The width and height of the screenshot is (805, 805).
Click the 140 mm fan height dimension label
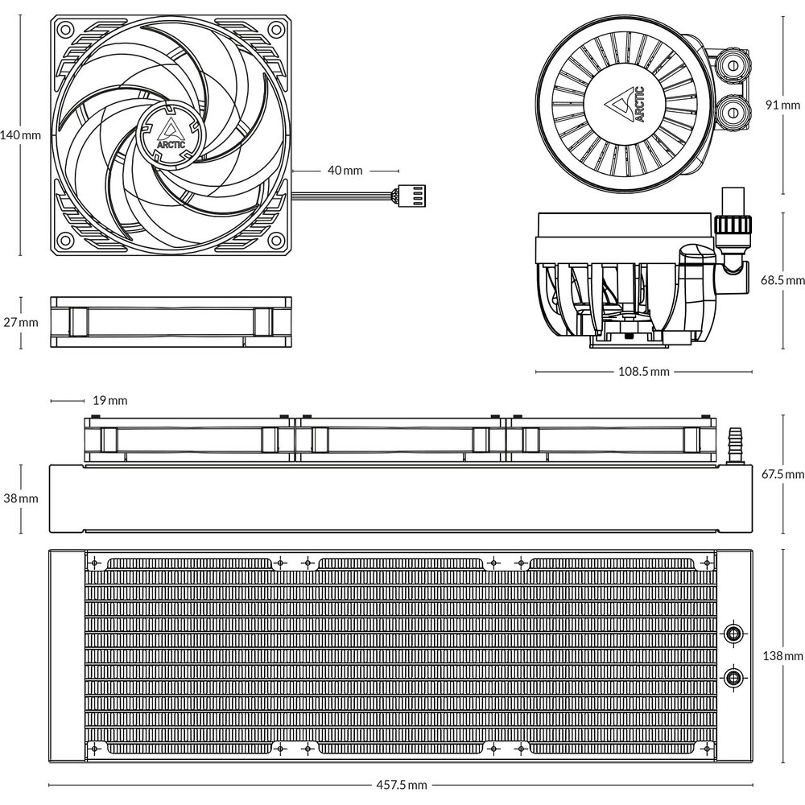(x=20, y=135)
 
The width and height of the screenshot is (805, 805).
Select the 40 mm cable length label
(x=345, y=171)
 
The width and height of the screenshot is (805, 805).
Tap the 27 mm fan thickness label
(x=21, y=323)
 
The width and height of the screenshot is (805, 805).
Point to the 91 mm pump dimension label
(x=783, y=105)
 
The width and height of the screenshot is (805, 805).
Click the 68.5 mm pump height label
(x=782, y=280)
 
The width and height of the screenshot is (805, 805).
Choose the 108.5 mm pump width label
(x=644, y=372)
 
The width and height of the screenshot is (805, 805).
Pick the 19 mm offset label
(x=109, y=400)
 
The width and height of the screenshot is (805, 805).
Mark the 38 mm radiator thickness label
(x=21, y=498)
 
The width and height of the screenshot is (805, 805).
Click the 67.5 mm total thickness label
(x=782, y=474)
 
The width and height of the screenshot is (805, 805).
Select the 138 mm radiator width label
(x=783, y=655)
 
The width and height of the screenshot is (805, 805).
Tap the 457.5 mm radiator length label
(x=402, y=785)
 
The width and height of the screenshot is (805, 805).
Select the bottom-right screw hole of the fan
(x=277, y=239)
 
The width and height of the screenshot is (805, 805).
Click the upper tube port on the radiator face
(x=733, y=633)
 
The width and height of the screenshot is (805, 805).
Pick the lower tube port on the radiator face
(x=733, y=678)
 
